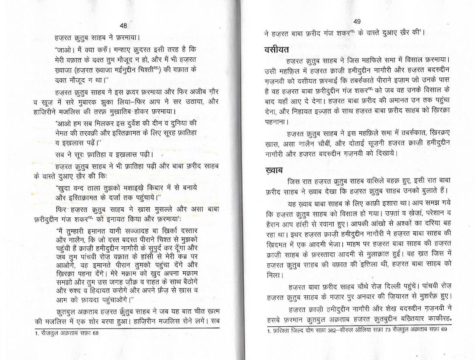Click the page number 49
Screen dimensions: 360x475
pyautogui.click(x=356, y=22)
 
